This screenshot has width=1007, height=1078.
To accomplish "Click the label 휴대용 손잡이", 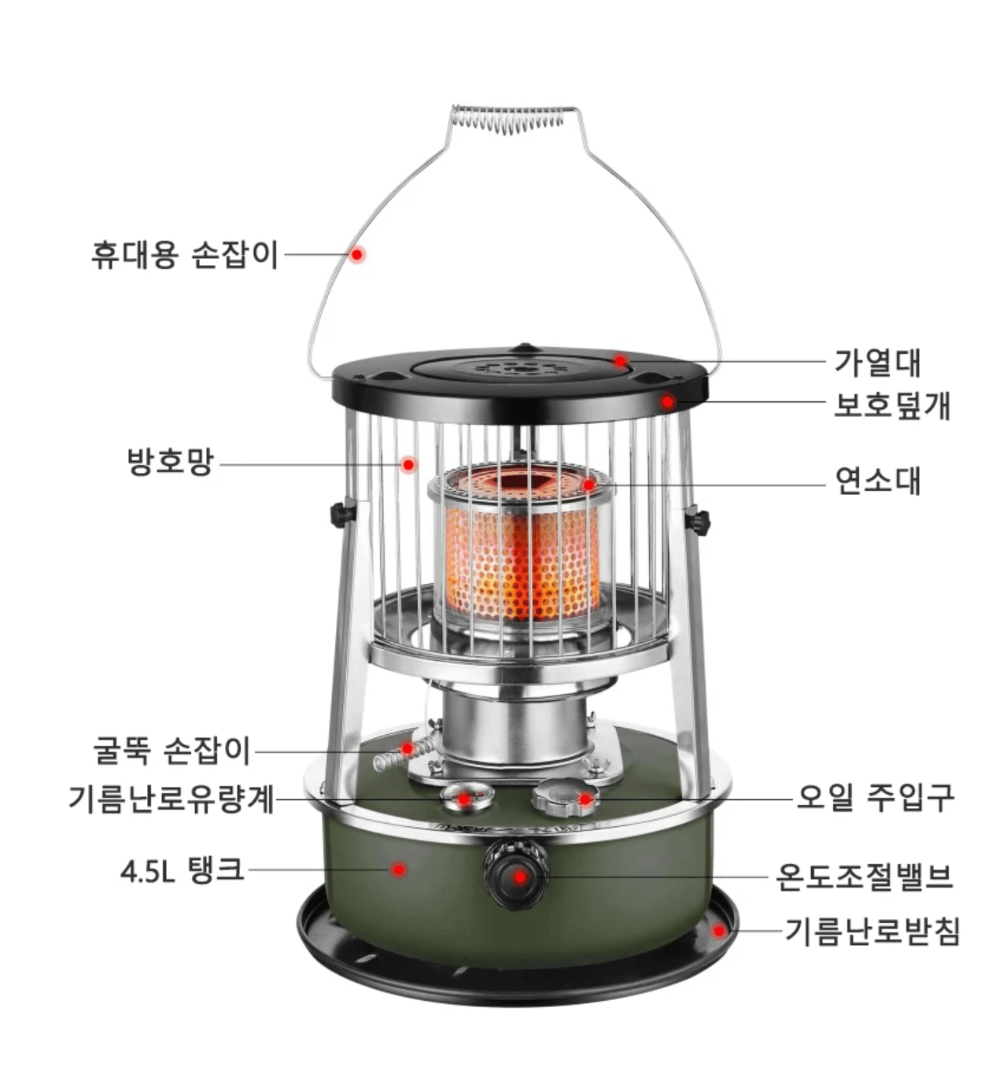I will tap(185, 255).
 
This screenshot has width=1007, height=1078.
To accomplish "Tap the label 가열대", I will tap(877, 363).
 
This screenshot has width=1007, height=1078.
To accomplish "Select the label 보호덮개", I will tap(892, 405).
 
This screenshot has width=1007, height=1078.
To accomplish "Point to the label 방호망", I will tap(171, 462).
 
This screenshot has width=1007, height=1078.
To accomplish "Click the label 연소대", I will tap(877, 480).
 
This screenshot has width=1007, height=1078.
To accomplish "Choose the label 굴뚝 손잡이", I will tap(172, 751).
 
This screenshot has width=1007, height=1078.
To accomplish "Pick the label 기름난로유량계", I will tap(172, 799).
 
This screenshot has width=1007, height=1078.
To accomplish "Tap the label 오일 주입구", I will tap(875, 797).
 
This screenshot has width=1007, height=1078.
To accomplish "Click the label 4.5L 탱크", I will tap(182, 870).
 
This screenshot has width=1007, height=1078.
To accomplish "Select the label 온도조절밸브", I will tap(864, 876).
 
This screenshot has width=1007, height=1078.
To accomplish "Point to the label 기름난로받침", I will tap(872, 932).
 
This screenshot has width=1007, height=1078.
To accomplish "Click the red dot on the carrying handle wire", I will tap(357, 255).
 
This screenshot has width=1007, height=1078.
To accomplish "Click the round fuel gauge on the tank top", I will tap(466, 797).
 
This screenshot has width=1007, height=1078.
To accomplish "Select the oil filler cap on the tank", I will tap(563, 797).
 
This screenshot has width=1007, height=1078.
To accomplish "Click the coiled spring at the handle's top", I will tap(507, 119).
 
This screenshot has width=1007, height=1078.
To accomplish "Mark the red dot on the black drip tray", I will tap(718, 931).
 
